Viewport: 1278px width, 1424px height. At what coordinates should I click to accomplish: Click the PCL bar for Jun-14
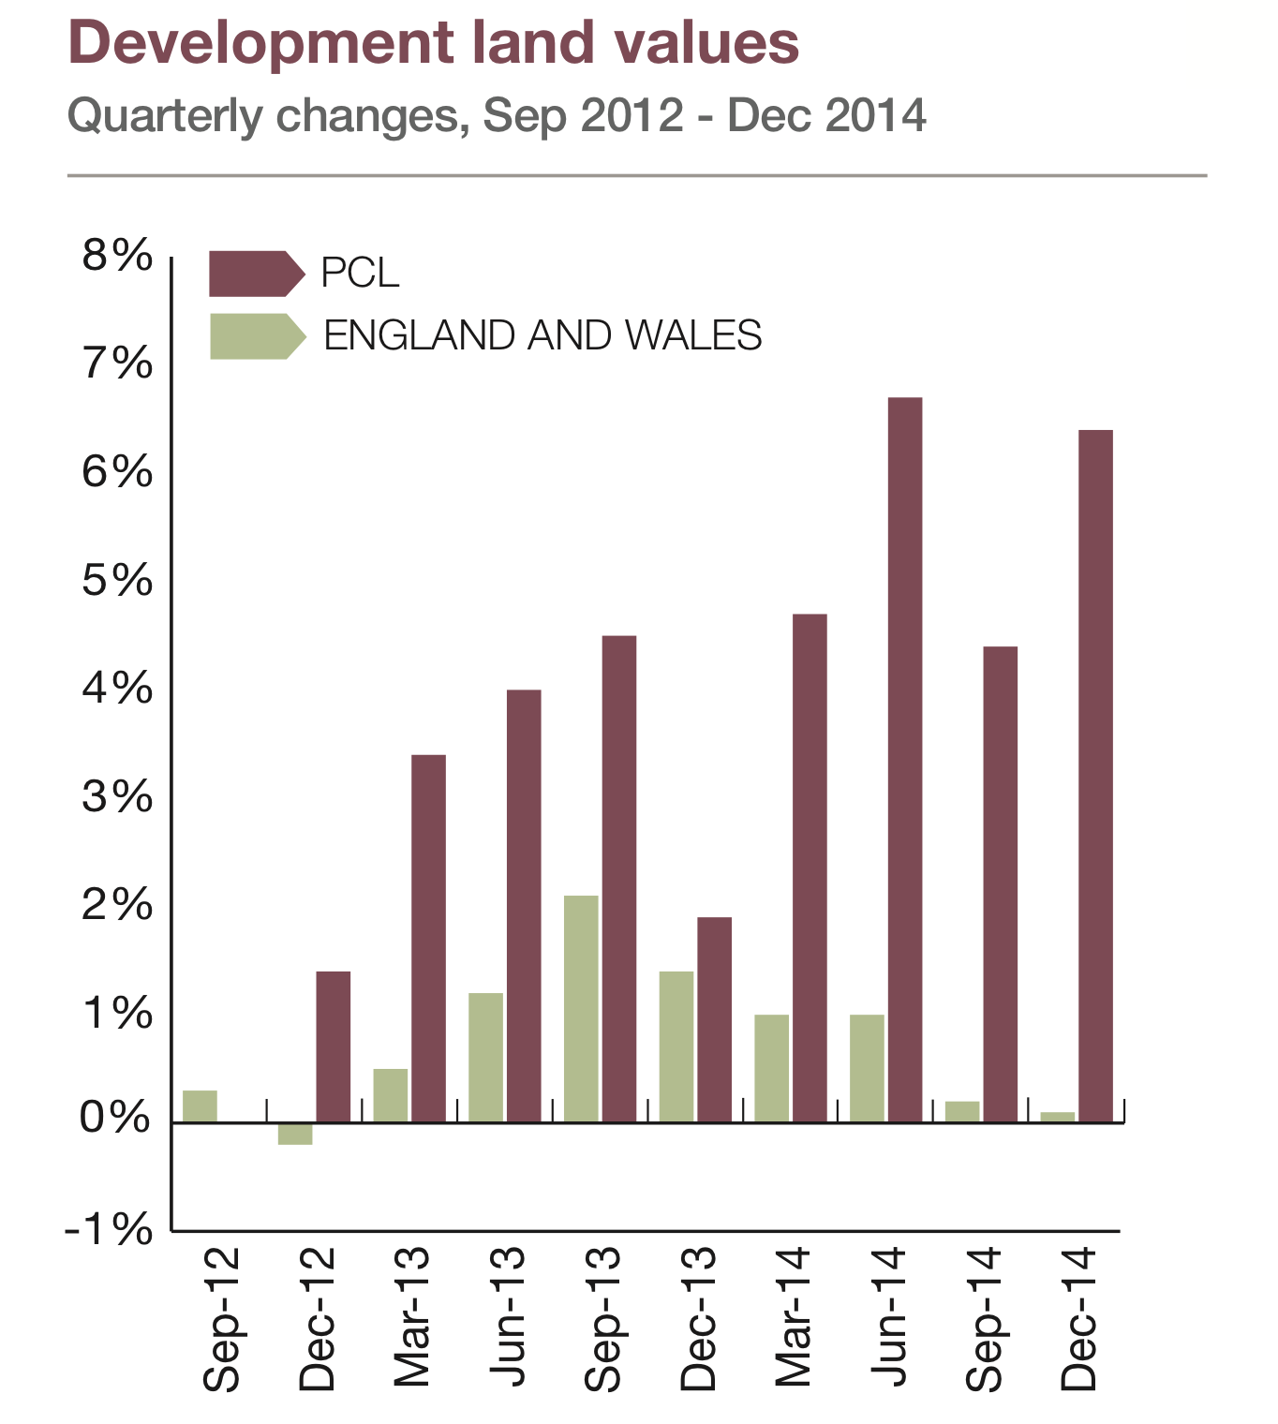coord(905,759)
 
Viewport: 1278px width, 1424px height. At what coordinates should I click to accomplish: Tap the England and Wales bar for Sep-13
coord(581,1008)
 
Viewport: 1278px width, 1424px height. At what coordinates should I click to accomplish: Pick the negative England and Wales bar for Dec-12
coord(295,1133)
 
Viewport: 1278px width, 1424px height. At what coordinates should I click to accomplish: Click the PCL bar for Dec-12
coord(334,1046)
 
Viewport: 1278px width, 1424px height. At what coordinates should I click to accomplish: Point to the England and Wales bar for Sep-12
coord(200,1105)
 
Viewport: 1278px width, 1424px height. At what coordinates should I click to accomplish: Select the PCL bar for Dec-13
coord(714,1019)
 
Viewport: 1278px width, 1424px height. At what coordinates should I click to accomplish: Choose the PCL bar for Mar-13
coord(428,938)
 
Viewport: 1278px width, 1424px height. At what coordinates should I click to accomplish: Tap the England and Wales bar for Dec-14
coord(1058,1116)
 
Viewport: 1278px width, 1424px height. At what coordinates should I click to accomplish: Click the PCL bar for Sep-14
coord(1001,883)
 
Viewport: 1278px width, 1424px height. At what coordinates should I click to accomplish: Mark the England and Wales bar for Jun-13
coord(485,1057)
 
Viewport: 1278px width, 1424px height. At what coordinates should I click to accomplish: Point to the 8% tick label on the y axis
coord(117,255)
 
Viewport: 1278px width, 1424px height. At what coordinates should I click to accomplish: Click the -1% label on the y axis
coord(110,1228)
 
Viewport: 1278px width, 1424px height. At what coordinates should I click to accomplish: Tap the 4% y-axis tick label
coord(117,689)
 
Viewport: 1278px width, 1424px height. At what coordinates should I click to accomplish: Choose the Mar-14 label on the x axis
coord(794,1317)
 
